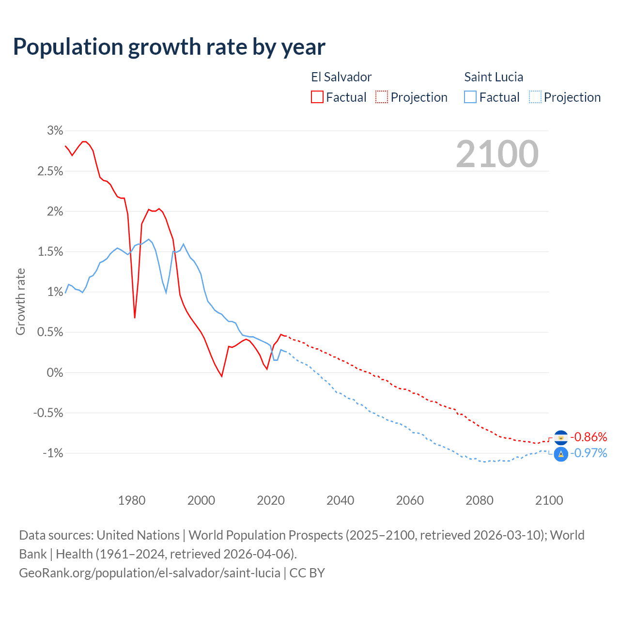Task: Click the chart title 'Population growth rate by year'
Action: click(169, 47)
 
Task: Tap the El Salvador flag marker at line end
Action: click(561, 437)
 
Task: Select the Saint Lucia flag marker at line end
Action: click(561, 454)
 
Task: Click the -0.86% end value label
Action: click(589, 437)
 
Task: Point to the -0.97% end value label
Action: click(589, 453)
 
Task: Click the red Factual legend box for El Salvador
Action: click(317, 97)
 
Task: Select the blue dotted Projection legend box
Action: click(535, 97)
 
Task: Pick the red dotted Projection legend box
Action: click(382, 97)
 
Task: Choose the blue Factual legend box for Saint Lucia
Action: click(470, 97)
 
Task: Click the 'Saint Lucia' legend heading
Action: click(494, 77)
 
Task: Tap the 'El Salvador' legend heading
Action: click(341, 77)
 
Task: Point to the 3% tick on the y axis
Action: click(55, 130)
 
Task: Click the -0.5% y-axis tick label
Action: click(48, 413)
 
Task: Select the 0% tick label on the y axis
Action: click(55, 372)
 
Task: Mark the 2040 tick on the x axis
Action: click(341, 500)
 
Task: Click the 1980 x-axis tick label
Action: click(132, 500)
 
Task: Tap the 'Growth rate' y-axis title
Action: click(20, 301)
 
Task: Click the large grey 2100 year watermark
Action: click(497, 154)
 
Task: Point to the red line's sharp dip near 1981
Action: click(135, 317)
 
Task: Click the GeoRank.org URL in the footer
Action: click(150, 573)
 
